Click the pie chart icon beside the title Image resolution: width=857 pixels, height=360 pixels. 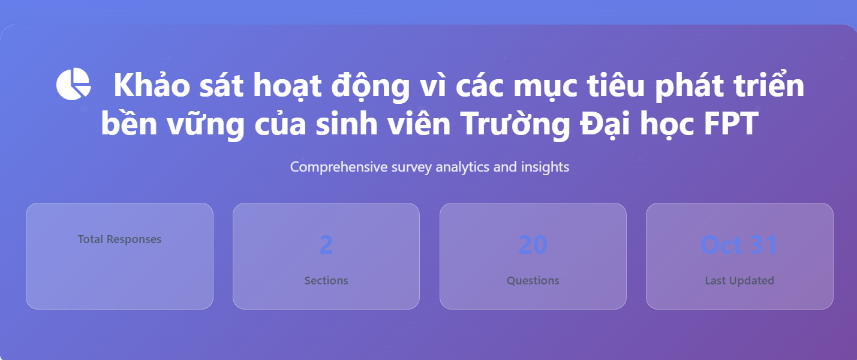click(73, 84)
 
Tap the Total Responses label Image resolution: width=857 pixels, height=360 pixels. click(119, 239)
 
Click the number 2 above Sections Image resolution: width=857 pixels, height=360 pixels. click(326, 245)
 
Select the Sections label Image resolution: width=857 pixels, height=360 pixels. click(326, 280)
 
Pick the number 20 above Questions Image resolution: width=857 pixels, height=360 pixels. click(533, 245)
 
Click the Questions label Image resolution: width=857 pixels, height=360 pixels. click(533, 281)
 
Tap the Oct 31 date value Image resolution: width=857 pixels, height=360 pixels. click(739, 245)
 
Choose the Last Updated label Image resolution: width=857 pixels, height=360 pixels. click(739, 280)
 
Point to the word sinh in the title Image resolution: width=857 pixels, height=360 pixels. click(347, 123)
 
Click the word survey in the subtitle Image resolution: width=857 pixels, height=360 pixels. click(411, 167)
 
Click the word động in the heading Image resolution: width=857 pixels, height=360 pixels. click(371, 85)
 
